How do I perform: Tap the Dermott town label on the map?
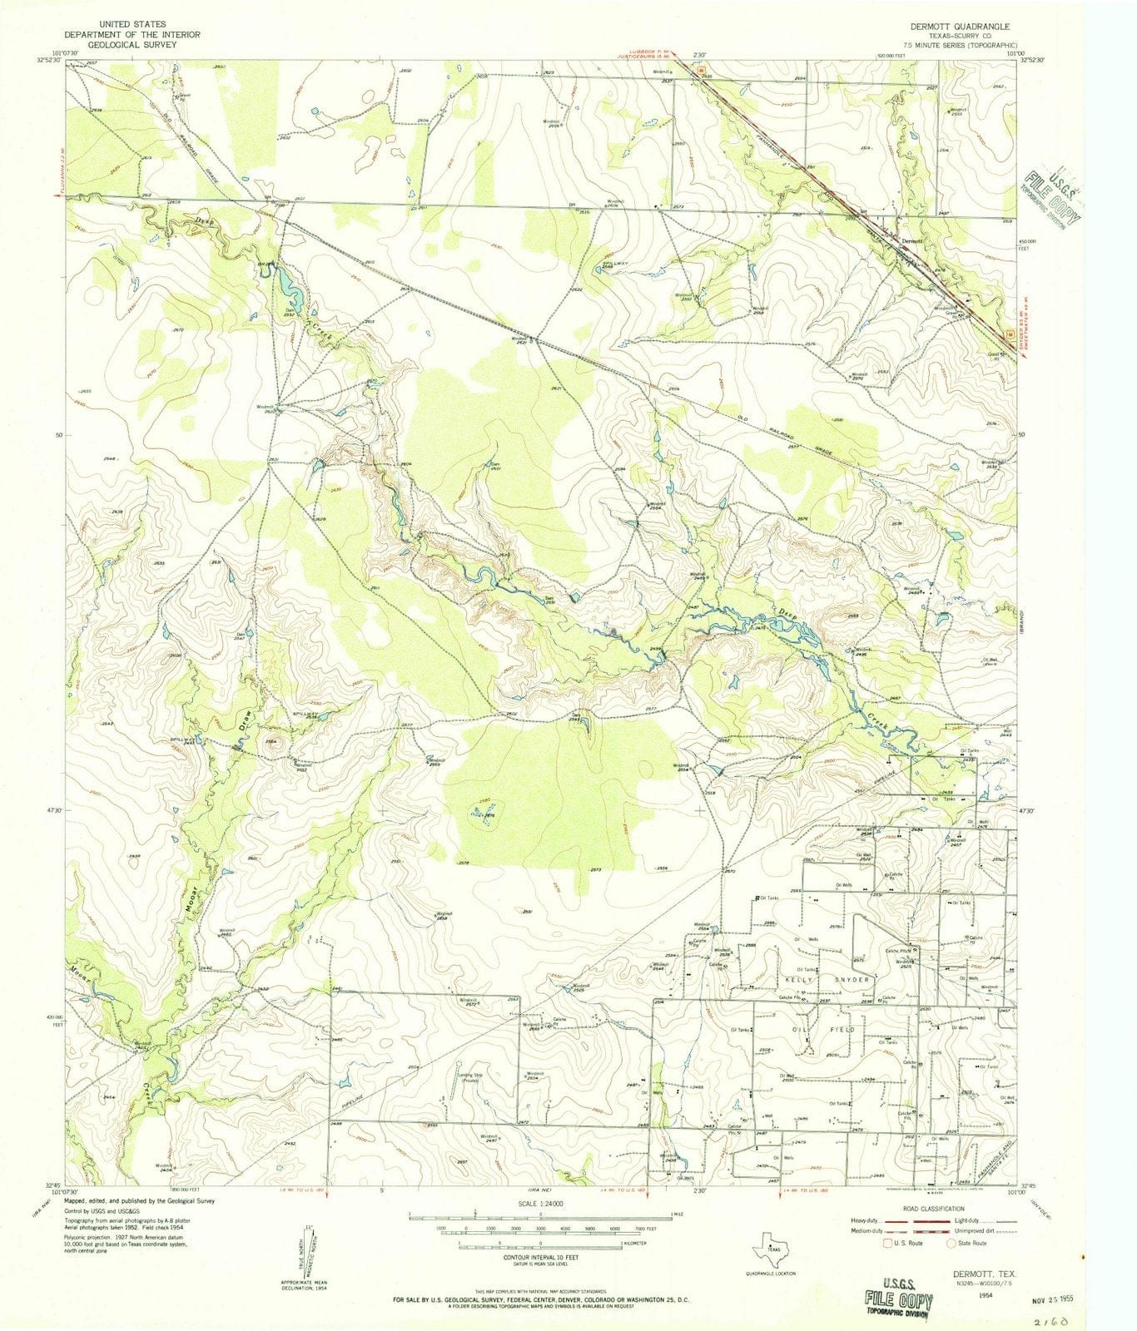(x=912, y=240)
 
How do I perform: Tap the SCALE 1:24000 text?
(x=541, y=1204)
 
